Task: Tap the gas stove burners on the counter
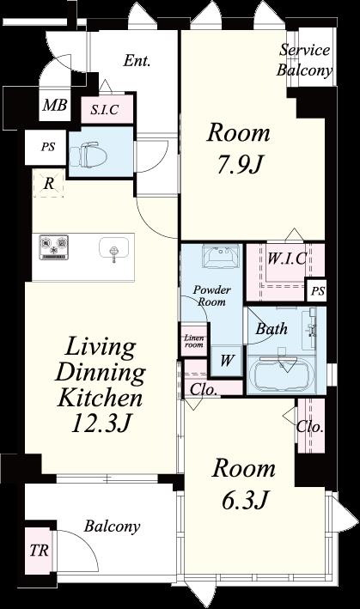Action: (x=53, y=247)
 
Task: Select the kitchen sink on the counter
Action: (x=113, y=248)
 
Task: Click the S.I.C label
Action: (x=105, y=110)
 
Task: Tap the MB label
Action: (x=55, y=105)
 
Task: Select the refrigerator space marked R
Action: (x=48, y=183)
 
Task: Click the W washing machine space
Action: (x=227, y=361)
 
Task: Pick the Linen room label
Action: (x=194, y=341)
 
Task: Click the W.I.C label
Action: (x=287, y=259)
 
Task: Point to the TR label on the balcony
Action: (x=40, y=550)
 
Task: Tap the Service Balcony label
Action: (x=304, y=60)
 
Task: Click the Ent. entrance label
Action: (x=137, y=61)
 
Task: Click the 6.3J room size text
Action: (x=245, y=500)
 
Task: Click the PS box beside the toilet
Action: (x=48, y=147)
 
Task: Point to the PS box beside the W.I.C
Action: (x=318, y=290)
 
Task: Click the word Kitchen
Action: (x=100, y=398)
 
